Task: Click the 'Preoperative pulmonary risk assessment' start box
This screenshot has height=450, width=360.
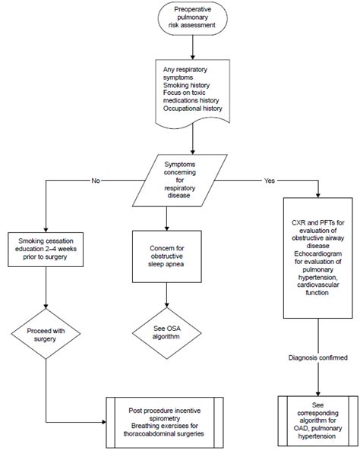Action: point(192,17)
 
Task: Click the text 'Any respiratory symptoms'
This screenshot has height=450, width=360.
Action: point(185,74)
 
